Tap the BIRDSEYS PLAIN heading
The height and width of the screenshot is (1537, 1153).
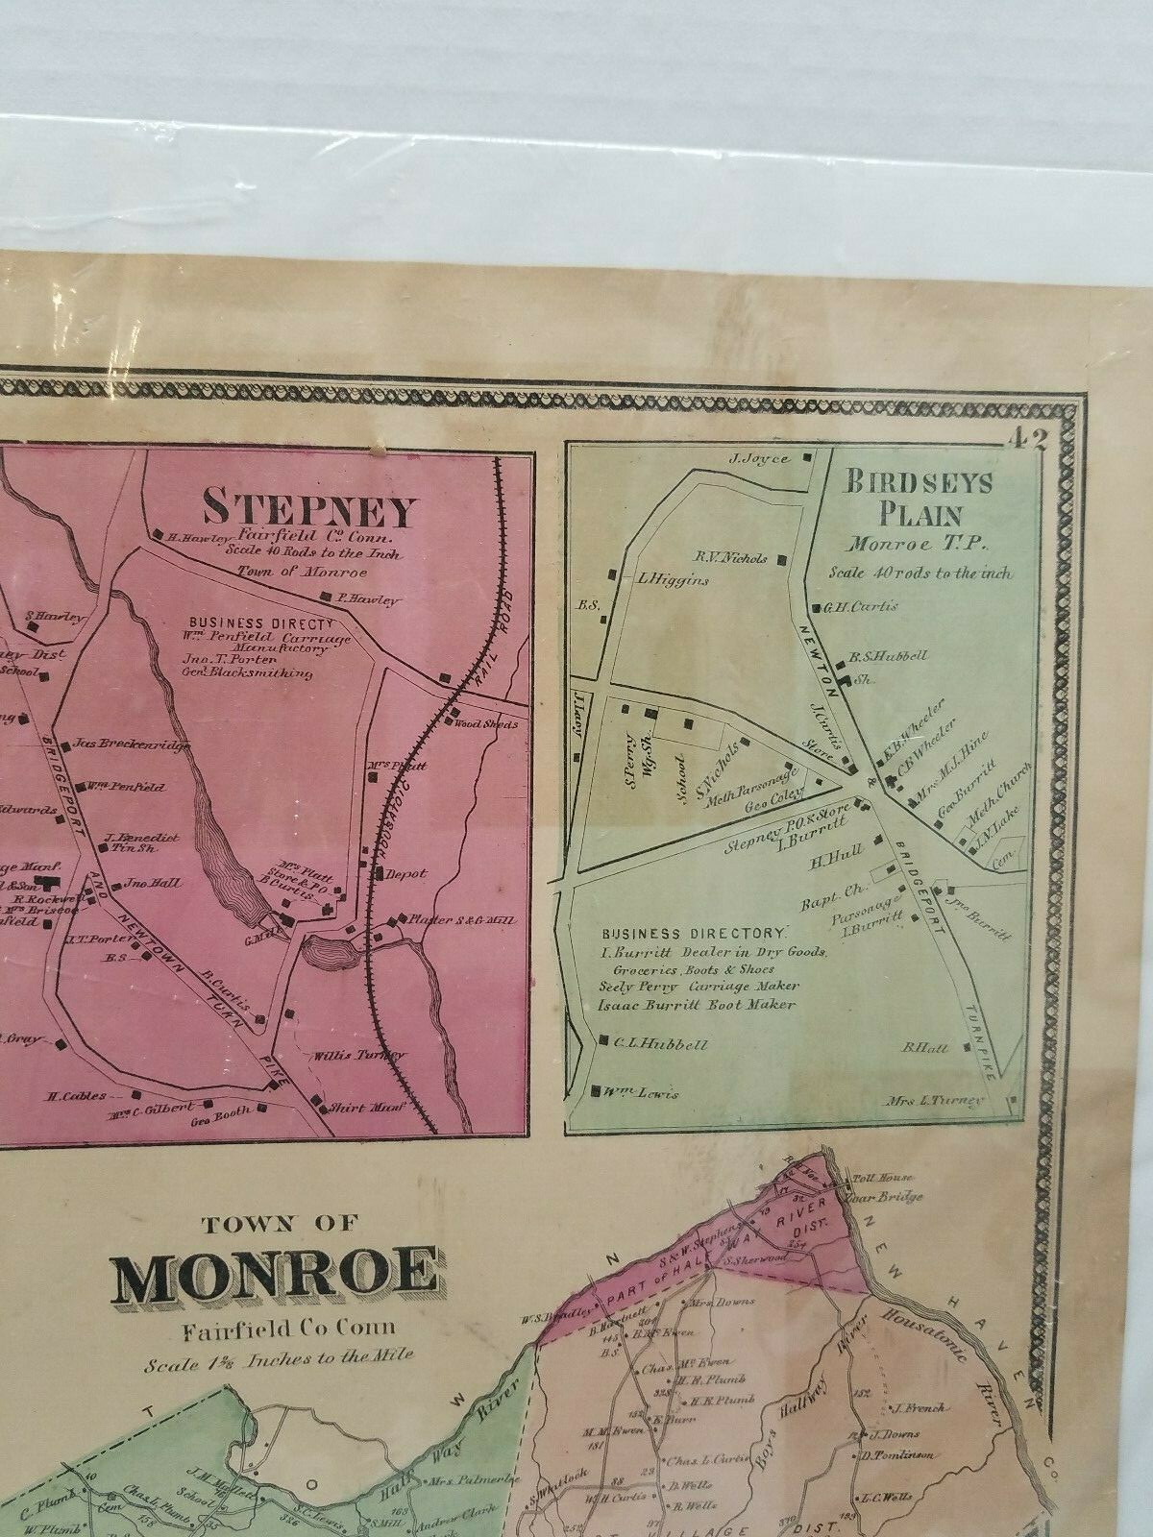pos(918,497)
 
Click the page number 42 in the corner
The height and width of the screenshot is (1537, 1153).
pos(1026,439)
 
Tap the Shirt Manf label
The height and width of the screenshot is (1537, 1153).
pos(357,1107)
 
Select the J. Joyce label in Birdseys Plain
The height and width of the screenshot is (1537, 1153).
pos(766,459)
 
